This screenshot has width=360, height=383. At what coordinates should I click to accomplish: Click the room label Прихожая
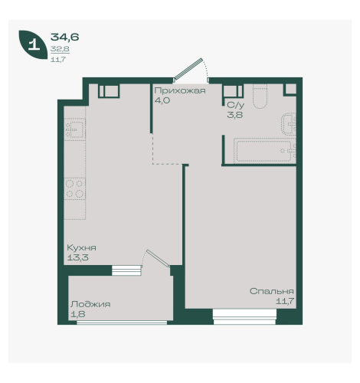coord(180,91)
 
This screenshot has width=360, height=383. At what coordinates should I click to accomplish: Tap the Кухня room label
coord(81,247)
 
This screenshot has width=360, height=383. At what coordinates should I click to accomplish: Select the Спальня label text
coord(272,291)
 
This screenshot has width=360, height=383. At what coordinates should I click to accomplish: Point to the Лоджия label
coord(90,304)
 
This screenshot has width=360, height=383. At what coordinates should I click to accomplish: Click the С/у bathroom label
coord(236,105)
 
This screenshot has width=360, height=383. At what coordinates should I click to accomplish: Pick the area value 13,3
coord(77,257)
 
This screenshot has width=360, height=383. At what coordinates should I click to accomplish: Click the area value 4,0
coord(162,100)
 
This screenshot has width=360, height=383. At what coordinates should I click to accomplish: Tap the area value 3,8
coord(235,115)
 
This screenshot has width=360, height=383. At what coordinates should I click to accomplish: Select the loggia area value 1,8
coord(78,314)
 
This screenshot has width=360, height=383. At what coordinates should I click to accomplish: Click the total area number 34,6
coord(65,38)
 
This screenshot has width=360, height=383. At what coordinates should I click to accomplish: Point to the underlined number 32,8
coord(60,49)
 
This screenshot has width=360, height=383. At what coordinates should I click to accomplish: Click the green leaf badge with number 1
coord(33,44)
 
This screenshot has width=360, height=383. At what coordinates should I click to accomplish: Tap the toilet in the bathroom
coord(260,97)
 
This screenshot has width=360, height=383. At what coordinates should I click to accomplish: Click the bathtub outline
coord(264,151)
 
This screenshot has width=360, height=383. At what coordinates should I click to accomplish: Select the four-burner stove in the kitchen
coord(74,188)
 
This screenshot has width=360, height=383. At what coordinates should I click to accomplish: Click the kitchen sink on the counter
coord(74,129)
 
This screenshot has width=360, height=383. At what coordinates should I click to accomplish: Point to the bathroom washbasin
coord(289,123)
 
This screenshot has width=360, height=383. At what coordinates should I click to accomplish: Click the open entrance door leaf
coord(188,69)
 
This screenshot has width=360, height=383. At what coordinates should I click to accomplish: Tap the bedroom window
coord(244,317)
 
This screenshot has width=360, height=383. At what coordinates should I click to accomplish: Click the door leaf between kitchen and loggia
coord(159,258)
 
